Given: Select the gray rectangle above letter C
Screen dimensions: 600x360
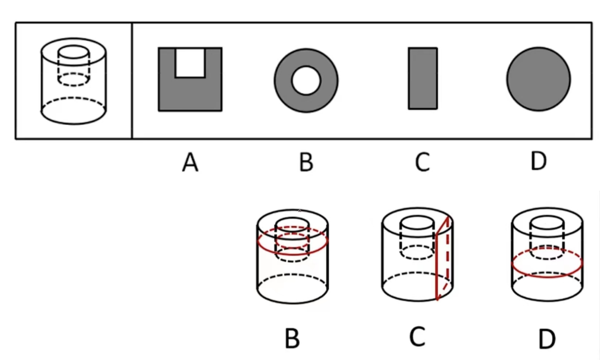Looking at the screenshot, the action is [x=423, y=78].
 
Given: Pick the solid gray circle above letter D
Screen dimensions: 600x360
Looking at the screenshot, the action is [x=538, y=79].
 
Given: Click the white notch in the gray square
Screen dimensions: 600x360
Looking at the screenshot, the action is [x=190, y=62].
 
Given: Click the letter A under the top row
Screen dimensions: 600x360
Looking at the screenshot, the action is [x=190, y=163].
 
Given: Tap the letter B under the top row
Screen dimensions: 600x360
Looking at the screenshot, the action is [x=306, y=163].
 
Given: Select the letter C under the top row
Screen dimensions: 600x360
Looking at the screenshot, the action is [x=422, y=163].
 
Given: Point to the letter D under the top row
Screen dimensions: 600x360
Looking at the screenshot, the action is [x=538, y=162].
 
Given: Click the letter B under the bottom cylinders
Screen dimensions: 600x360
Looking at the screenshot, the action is [x=292, y=338].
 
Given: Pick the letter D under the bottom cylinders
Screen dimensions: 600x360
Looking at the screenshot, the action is [x=547, y=339].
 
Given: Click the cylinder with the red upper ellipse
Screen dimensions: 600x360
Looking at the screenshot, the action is [x=292, y=256].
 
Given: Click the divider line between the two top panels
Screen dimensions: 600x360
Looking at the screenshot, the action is [x=132, y=81].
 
